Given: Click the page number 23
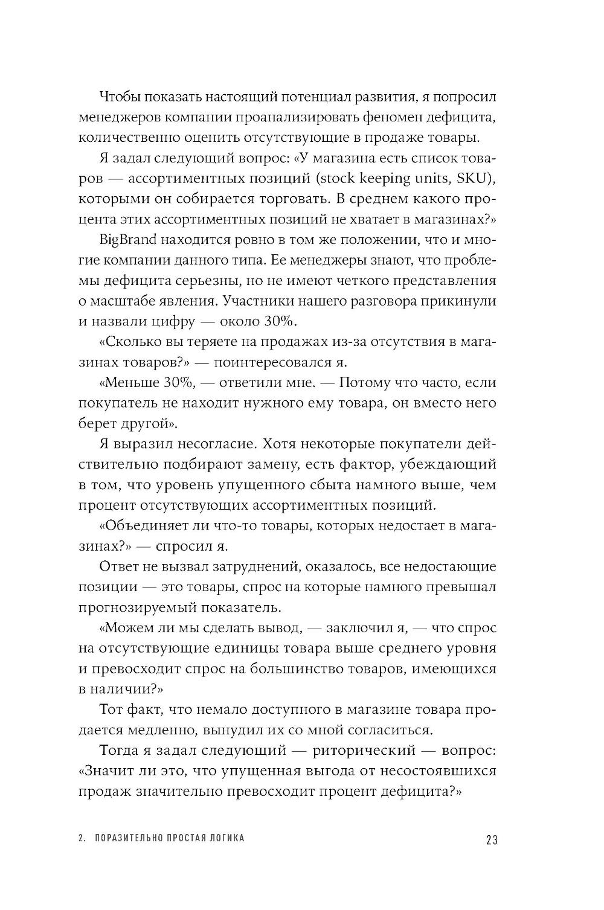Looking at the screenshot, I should click(490, 840).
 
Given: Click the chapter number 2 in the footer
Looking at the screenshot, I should click(81, 839).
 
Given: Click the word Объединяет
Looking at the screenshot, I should click(147, 526).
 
